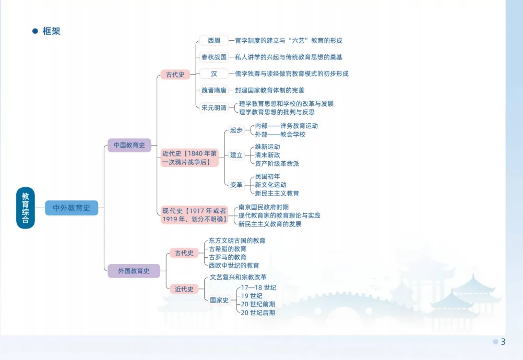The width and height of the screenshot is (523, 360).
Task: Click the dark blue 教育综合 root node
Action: click(x=25, y=208)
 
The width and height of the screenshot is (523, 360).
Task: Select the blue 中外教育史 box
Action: click(x=72, y=208)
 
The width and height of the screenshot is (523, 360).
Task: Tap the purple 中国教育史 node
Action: click(x=129, y=145)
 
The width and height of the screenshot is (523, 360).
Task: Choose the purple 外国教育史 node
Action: click(x=134, y=271)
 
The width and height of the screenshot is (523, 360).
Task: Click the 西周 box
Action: click(x=214, y=40)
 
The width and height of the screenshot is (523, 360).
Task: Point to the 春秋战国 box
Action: click(x=214, y=57)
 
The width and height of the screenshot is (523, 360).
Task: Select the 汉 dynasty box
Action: click(x=214, y=74)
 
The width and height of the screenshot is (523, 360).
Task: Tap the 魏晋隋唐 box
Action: click(x=214, y=90)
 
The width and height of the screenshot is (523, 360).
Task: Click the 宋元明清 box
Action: click(x=214, y=107)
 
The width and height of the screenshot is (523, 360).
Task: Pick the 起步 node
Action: click(x=236, y=130)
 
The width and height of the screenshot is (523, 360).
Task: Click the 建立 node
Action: click(x=236, y=155)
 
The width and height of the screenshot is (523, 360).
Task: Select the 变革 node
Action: click(x=236, y=185)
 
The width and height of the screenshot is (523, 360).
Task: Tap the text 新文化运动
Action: click(x=270, y=185)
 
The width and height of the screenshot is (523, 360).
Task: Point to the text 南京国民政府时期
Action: click(x=263, y=207)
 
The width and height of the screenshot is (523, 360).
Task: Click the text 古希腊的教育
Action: click(x=228, y=249)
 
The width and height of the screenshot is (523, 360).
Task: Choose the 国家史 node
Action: click(x=219, y=300)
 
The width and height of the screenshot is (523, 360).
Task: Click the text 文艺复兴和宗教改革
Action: click(x=238, y=277)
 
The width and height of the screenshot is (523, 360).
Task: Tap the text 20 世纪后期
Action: click(x=257, y=313)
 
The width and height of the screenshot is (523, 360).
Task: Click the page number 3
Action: click(x=503, y=342)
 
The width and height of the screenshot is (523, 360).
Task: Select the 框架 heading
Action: click(x=51, y=31)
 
